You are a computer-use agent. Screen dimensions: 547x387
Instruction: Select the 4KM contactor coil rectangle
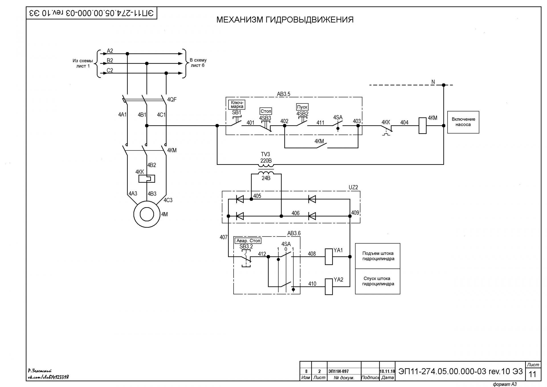click(422, 126)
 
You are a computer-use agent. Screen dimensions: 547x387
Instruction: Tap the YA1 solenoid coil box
click(329, 257)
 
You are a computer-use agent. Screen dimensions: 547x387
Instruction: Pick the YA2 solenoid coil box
click(329, 286)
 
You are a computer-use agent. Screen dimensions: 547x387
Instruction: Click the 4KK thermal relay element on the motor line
click(146, 179)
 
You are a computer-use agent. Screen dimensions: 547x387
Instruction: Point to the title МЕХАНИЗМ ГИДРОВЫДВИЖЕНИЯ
click(285, 20)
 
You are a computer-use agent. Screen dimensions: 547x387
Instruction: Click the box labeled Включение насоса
click(463, 122)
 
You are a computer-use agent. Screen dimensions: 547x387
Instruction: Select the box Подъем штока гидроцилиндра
click(378, 256)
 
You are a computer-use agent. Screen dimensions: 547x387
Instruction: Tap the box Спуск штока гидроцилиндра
click(378, 281)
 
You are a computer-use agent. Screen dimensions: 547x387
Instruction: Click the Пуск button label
click(302, 107)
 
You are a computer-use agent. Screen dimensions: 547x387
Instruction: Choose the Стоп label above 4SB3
click(266, 111)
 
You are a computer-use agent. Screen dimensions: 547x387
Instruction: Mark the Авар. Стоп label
click(248, 241)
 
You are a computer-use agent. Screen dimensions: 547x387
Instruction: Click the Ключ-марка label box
click(237, 105)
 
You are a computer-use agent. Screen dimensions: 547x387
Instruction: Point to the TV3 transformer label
click(266, 154)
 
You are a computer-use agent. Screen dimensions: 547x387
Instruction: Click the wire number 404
click(404, 123)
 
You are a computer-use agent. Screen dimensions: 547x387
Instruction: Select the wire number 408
click(312, 254)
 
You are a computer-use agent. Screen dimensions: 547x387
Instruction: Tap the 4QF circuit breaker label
click(172, 99)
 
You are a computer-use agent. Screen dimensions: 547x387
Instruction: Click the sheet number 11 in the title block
click(532, 374)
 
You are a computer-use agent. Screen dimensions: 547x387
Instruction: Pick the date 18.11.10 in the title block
click(387, 371)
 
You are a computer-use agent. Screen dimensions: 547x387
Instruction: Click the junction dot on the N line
click(444, 85)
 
